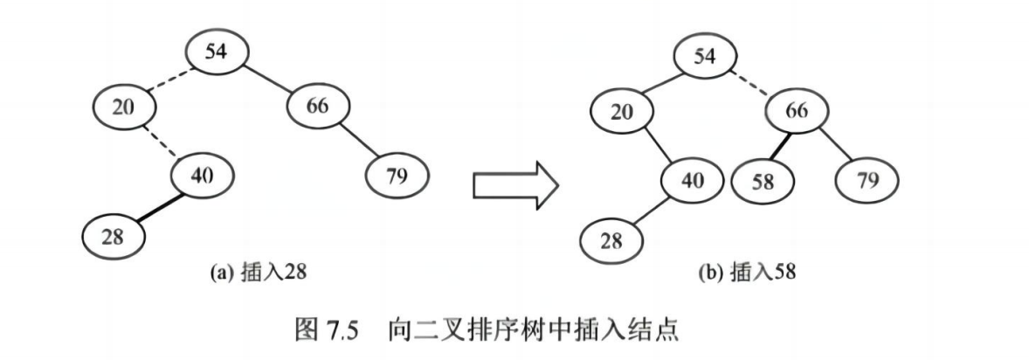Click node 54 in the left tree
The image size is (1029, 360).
tap(216, 52)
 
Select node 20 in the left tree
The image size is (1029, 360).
tap(124, 107)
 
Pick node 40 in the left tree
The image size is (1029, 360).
tap(202, 176)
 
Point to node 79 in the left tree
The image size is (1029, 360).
tap(397, 176)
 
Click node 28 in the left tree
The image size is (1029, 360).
tap(112, 235)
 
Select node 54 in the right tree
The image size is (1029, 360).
tap(703, 58)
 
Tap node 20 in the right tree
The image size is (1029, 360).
tap(619, 112)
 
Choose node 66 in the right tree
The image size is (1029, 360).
tap(797, 112)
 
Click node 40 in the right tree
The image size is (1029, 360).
tap(691, 180)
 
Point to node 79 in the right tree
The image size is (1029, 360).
tap(867, 181)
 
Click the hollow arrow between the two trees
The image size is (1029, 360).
tap(514, 184)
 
